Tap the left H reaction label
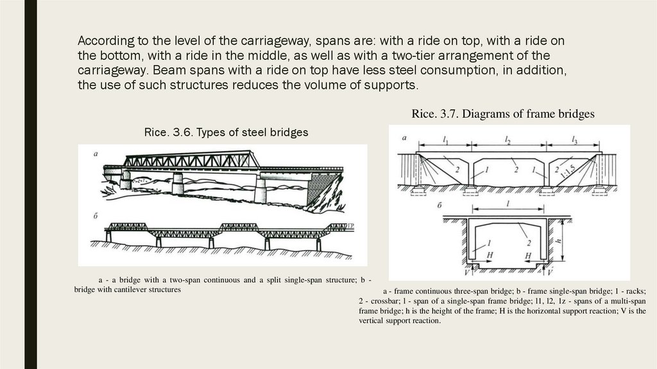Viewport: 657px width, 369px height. click(x=491, y=256)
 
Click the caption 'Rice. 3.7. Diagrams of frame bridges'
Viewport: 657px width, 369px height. click(x=503, y=114)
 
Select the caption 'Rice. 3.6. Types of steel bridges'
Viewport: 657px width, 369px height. click(x=226, y=132)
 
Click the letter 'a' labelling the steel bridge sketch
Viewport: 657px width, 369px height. click(x=95, y=154)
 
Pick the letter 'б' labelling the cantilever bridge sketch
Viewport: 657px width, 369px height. click(x=95, y=215)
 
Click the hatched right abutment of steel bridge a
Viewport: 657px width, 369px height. click(x=319, y=190)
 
